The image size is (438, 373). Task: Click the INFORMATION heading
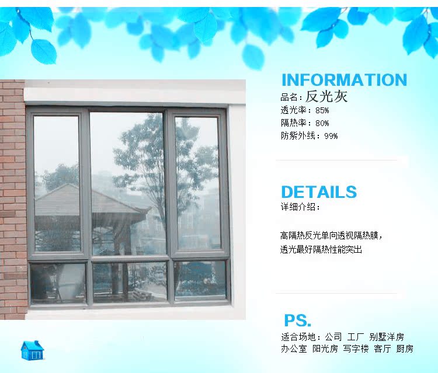[x=344, y=80]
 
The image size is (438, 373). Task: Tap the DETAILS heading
[x=319, y=192]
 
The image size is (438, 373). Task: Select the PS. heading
[x=297, y=320]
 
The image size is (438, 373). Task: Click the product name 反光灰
[x=326, y=96]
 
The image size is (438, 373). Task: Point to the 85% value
[x=322, y=110]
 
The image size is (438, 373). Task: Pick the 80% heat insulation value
[x=322, y=123]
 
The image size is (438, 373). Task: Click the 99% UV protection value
[x=331, y=136]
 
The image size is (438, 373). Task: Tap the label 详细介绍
[x=298, y=207]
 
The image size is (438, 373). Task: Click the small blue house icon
[x=32, y=350]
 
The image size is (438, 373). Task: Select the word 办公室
[x=294, y=348]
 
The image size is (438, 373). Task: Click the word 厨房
[x=405, y=348]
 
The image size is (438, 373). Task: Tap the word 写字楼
[x=356, y=348]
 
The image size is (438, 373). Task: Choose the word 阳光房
[x=325, y=348]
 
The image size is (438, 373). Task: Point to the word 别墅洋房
[x=387, y=337]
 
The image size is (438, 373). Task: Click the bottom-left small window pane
[x=58, y=283]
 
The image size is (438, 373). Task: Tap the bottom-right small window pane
[x=200, y=280]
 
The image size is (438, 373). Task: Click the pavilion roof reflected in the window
[x=89, y=200]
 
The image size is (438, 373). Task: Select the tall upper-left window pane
[x=57, y=184]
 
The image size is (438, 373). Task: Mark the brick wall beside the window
[x=13, y=200]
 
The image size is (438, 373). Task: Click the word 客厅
[x=383, y=348]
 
